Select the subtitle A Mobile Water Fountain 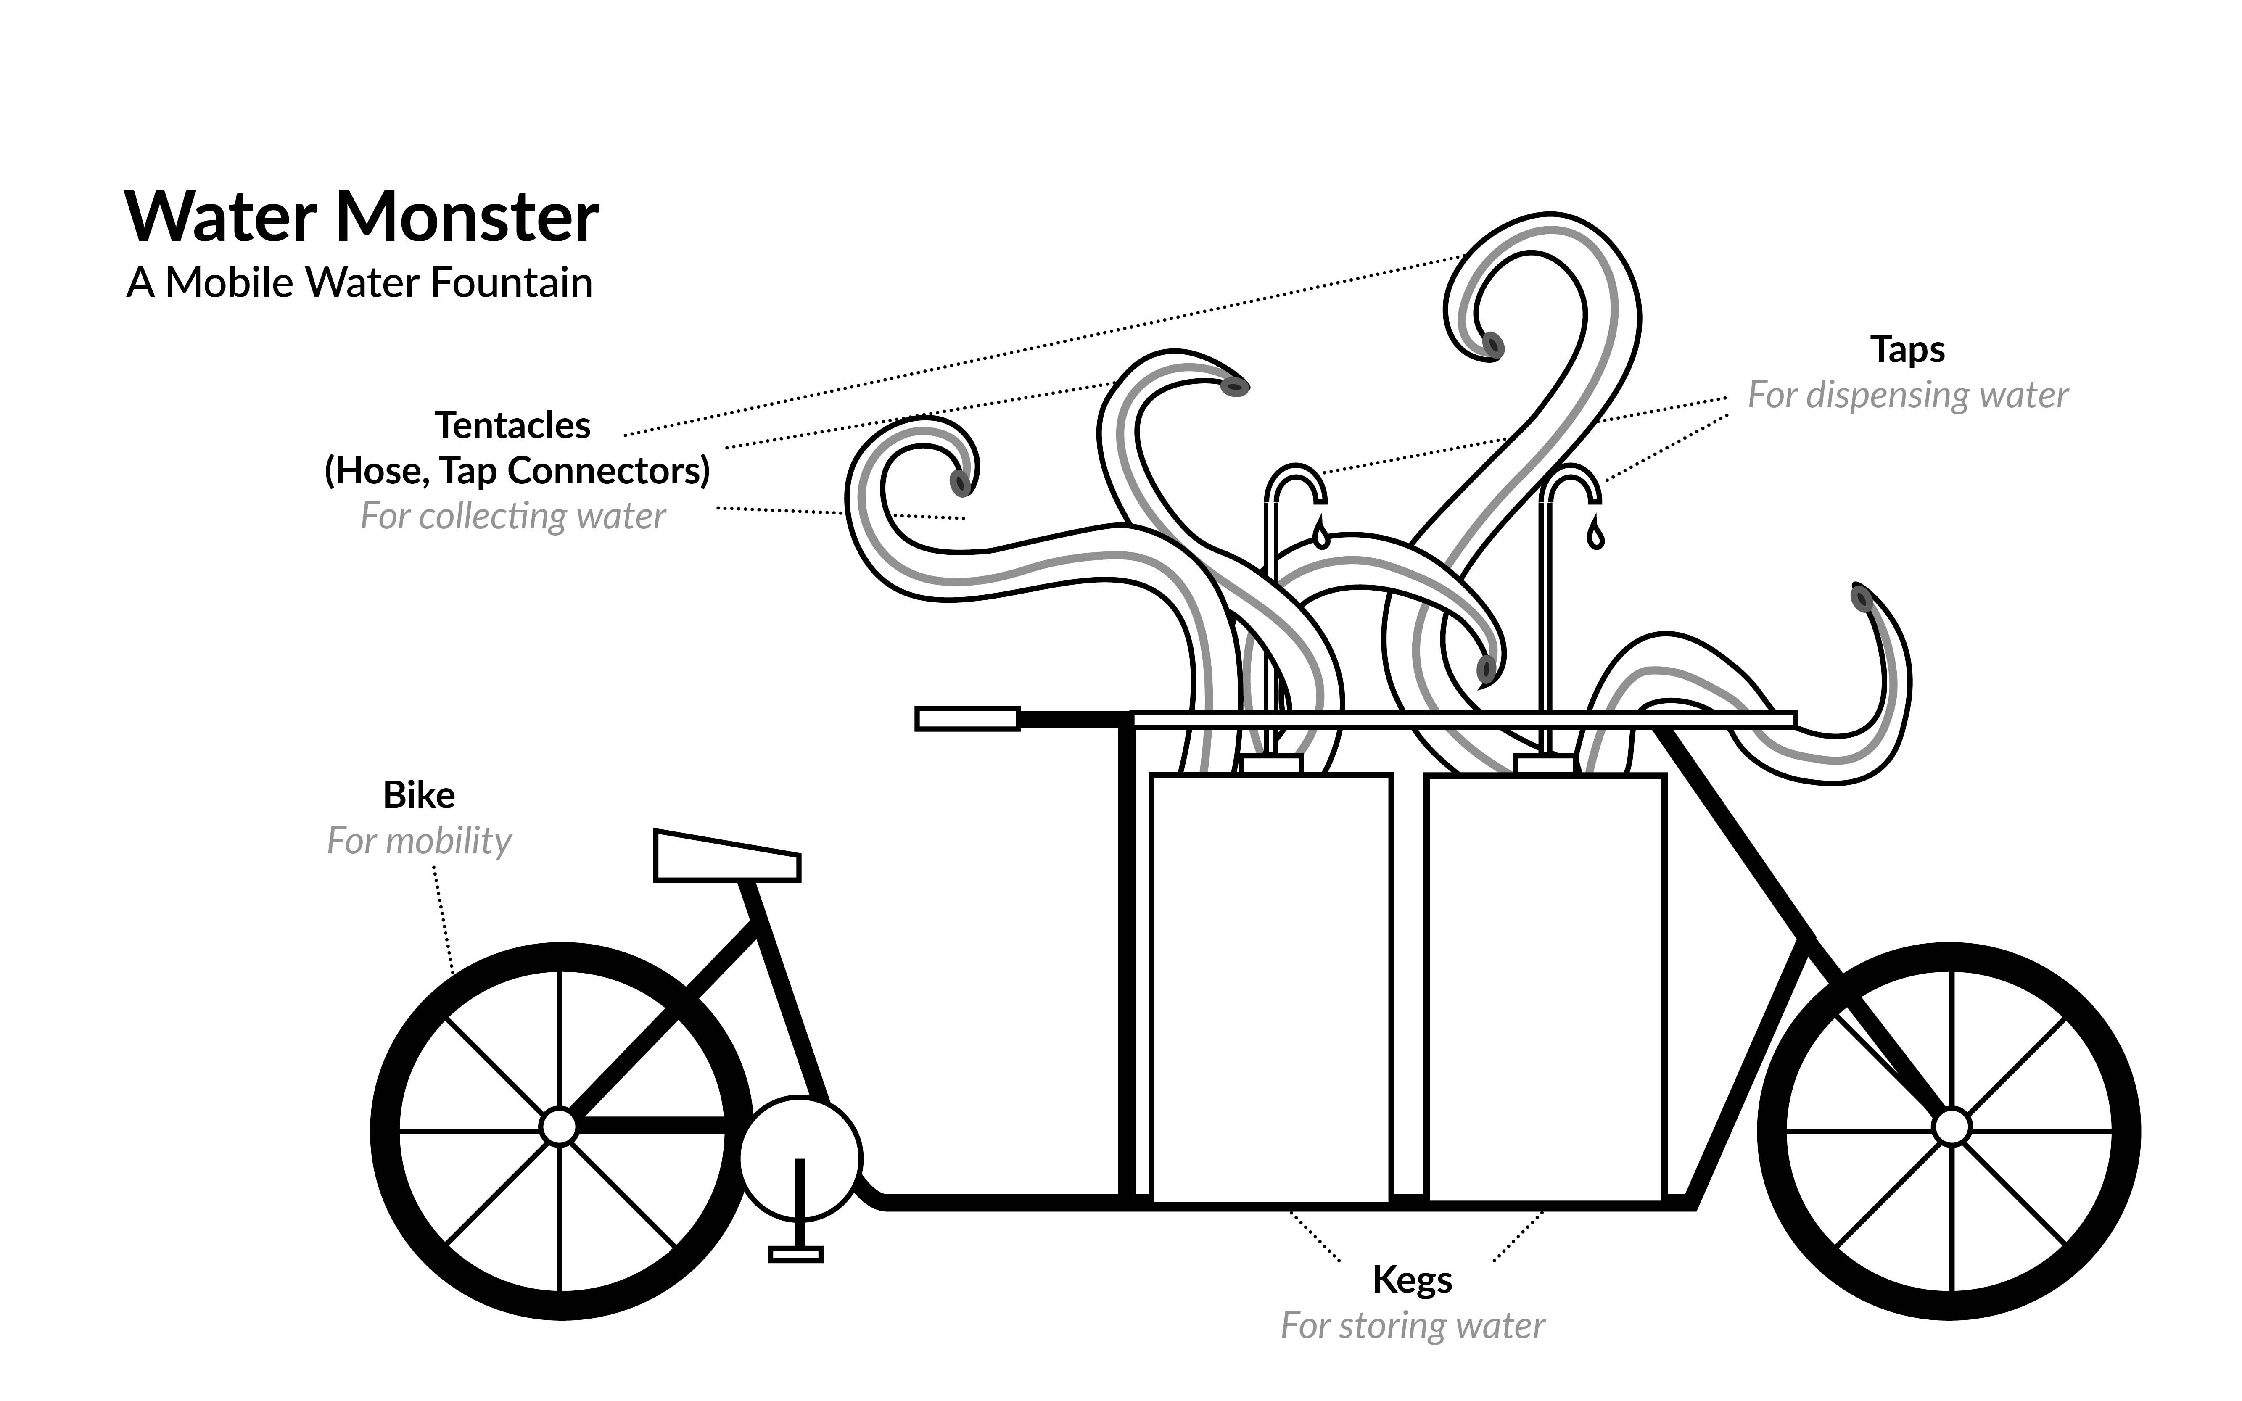pos(359,282)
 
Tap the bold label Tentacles pos(512,425)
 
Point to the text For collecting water pos(512,516)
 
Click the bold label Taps pos(1907,349)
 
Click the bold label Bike pos(419,795)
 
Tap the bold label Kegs pos(1412,1280)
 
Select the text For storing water pos(1412,1326)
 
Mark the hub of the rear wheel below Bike pos(559,1127)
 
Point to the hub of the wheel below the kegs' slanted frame pos(1952,1127)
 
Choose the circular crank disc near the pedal pos(800,1158)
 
